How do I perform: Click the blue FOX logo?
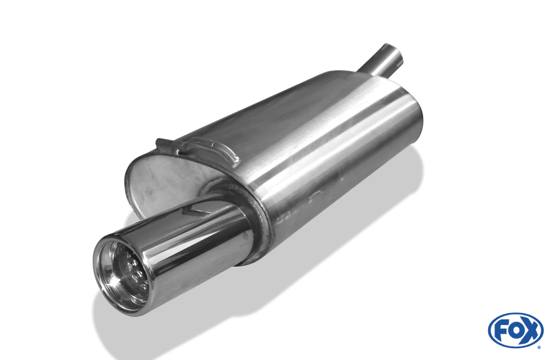(x=516, y=330)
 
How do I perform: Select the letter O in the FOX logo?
(x=515, y=331)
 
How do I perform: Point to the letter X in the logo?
(x=530, y=330)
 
